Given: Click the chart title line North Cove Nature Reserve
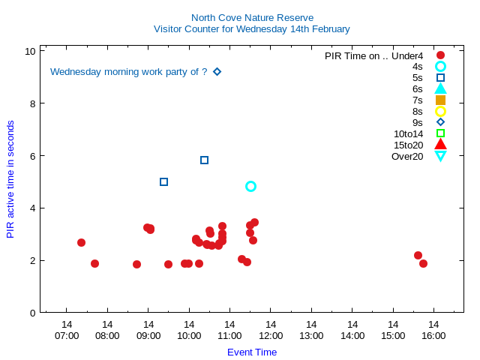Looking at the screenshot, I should [x=252, y=17].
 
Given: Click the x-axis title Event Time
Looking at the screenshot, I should [x=252, y=352].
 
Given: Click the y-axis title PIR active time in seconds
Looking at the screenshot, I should [x=10, y=178].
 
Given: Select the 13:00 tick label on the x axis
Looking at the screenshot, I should [x=311, y=335].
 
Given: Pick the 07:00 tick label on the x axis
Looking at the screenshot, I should [x=67, y=335].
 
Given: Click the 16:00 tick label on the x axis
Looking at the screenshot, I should [x=433, y=335].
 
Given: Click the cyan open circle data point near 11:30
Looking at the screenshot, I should [x=250, y=186].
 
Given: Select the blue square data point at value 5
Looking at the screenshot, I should [x=163, y=181].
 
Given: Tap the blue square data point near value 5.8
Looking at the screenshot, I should [x=204, y=160].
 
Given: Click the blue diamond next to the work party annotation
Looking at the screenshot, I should [x=217, y=72].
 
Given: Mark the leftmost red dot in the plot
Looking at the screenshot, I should [x=81, y=242].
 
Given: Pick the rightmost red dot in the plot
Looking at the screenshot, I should [x=423, y=263].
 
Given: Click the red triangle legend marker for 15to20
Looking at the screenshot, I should [x=440, y=145].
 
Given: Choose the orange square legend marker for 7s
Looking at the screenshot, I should [x=440, y=100].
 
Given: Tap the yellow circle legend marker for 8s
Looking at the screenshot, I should [x=440, y=111].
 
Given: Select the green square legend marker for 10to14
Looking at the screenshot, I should [x=440, y=133].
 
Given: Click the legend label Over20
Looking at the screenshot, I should [x=407, y=156].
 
